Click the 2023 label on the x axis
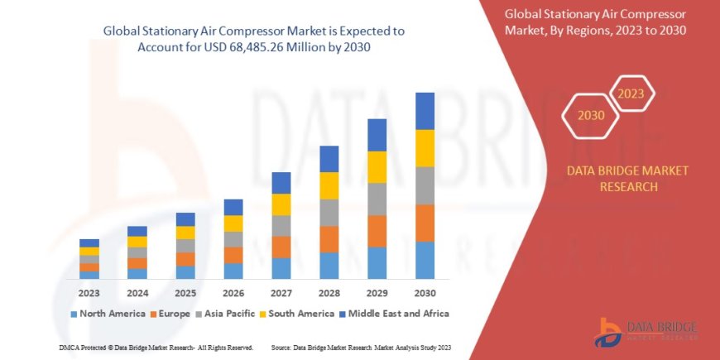pos(89,293)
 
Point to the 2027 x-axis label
pos(281,293)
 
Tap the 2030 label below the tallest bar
pos(425,293)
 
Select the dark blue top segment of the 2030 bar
pos(425,111)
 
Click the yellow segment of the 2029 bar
pos(377,167)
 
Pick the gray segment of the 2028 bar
pos(329,213)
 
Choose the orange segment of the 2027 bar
pos(281,247)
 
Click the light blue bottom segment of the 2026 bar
pos(233,271)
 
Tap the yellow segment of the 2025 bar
pos(185,233)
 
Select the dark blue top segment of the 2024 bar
pos(137,231)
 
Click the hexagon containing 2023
pos(631,93)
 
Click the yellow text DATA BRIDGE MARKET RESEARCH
pos(616,178)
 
